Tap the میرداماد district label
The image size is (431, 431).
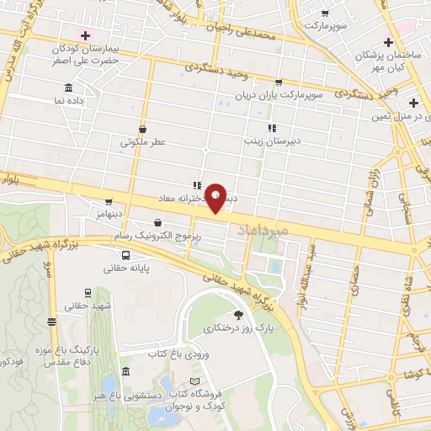(263, 230)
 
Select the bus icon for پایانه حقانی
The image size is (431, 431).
(125, 255)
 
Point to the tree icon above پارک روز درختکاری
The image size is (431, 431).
(238, 315)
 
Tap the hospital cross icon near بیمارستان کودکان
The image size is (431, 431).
(83, 35)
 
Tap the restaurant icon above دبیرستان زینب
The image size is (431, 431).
(271, 128)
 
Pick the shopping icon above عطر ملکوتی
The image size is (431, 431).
(141, 129)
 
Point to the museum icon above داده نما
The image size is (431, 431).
(67, 88)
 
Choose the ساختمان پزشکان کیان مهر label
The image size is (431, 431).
(390, 61)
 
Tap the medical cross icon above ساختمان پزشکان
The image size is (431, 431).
(387, 42)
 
